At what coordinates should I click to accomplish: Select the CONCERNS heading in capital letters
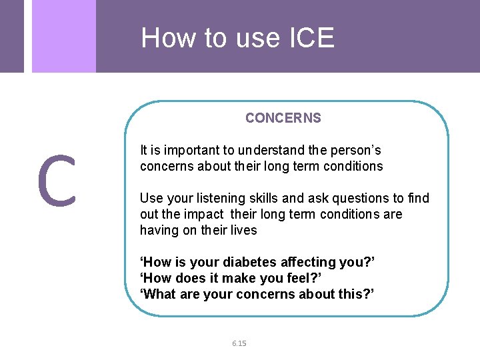[x=283, y=118]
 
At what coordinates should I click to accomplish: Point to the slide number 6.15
[x=239, y=343]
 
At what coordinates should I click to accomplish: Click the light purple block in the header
[x=63, y=36]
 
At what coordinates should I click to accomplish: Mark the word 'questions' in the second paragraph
[x=348, y=198]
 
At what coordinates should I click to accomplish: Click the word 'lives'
[x=243, y=230]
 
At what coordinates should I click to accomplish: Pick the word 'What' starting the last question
[x=159, y=295]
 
